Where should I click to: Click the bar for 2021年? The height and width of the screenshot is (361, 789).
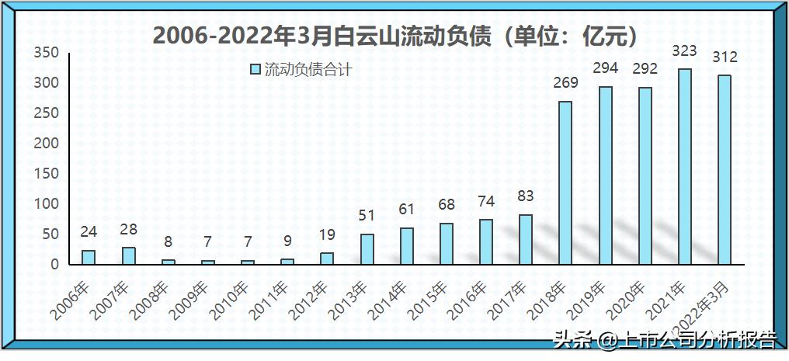tap(684, 166)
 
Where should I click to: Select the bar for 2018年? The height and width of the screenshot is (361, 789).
tap(565, 182)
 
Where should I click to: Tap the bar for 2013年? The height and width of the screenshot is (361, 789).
tap(367, 248)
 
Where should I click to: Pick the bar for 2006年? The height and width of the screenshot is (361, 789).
tap(89, 257)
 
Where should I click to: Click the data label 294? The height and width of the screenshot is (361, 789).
tap(605, 68)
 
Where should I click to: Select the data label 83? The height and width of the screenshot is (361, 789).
tap(526, 196)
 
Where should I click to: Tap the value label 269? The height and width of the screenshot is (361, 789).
tap(565, 83)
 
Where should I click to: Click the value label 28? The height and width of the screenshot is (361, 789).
tap(128, 230)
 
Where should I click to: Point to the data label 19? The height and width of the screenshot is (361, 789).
tap(327, 235)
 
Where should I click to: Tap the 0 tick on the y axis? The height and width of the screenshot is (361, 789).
tap(54, 265)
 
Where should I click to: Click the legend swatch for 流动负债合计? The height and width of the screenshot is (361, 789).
tap(255, 70)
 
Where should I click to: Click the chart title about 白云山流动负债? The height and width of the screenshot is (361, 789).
tap(395, 36)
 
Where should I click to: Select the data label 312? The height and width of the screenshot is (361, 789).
tap(725, 57)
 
